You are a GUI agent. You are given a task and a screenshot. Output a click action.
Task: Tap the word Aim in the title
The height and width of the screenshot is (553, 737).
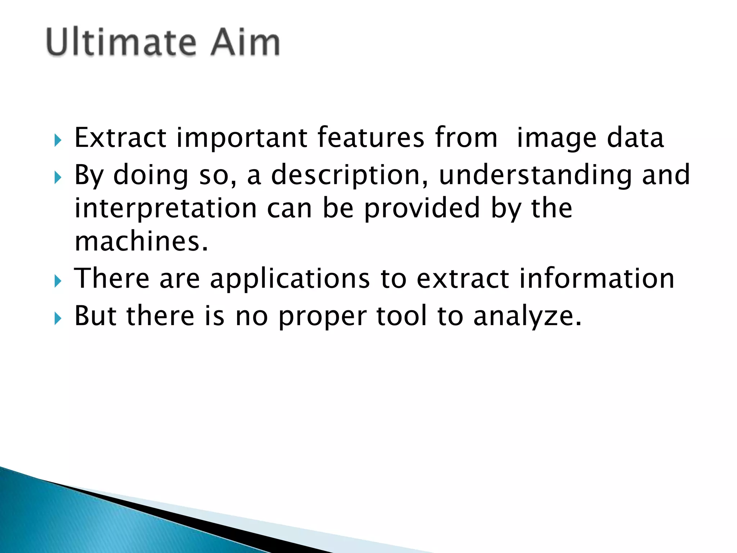tap(245, 42)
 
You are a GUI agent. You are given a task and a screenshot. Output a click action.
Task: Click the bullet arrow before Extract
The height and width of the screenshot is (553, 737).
tap(58, 140)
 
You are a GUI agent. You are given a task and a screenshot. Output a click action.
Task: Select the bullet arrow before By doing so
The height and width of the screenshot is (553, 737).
tap(58, 177)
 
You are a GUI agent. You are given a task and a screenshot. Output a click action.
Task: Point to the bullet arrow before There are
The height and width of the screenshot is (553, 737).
tap(58, 281)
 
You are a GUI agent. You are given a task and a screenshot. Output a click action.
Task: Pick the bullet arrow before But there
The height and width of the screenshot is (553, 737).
tap(58, 318)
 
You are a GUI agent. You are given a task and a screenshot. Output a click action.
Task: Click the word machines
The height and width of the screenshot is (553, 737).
tap(141, 241)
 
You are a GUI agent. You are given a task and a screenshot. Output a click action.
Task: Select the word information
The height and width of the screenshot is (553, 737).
tap(597, 278)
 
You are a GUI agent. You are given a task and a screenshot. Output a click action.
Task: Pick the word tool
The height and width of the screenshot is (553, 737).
tap(402, 315)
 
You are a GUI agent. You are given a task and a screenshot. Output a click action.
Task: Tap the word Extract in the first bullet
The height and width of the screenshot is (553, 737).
tap(120, 138)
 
